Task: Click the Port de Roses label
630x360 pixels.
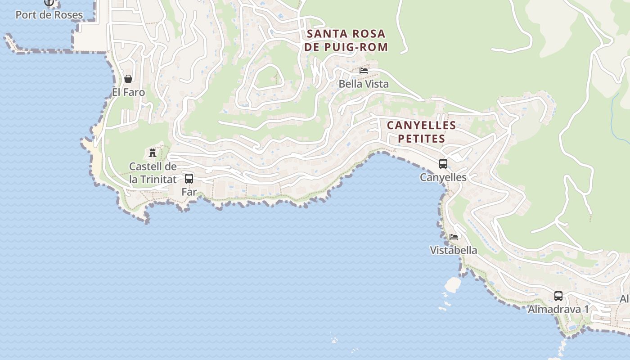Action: [x=49, y=15]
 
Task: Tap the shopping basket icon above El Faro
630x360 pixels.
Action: [x=128, y=79]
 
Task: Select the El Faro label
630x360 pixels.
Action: [x=128, y=92]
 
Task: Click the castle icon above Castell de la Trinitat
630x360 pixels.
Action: [x=153, y=153]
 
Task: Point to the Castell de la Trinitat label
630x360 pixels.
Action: [x=153, y=173]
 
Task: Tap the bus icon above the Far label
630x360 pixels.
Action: [x=189, y=178]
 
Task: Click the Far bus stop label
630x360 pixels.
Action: [x=189, y=192]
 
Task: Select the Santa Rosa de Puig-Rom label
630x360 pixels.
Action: [x=346, y=40]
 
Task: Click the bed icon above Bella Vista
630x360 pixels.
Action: [x=364, y=71]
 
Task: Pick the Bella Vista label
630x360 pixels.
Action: [x=364, y=84]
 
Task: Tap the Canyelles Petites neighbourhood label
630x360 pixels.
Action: [x=422, y=131]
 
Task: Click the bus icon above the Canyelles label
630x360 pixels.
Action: [x=443, y=164]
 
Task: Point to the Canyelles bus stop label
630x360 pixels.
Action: [x=443, y=177]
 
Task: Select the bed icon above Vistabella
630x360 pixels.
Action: [x=454, y=237]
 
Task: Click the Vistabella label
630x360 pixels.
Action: [x=454, y=250]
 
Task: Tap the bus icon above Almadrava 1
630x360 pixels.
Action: [x=558, y=296]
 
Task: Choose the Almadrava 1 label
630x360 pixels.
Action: [x=558, y=309]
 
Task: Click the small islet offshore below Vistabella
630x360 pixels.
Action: [x=453, y=284]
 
